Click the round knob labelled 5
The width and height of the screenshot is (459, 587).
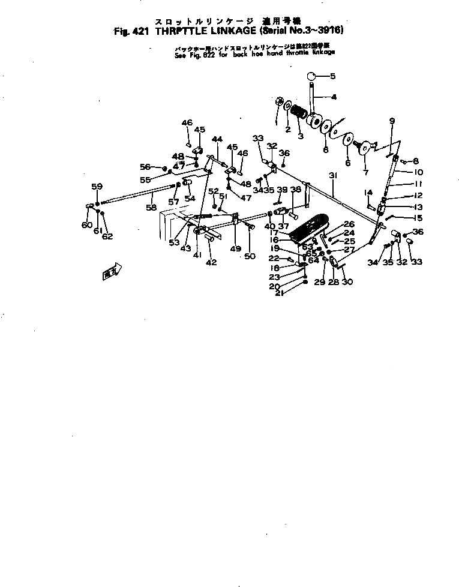coord(311,76)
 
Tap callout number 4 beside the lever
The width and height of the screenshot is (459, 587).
coord(334,97)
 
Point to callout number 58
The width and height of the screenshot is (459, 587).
coord(151,207)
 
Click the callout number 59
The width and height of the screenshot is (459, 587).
coord(97,186)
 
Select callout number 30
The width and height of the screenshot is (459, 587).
coord(347,281)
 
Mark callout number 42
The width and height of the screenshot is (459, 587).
coord(211,262)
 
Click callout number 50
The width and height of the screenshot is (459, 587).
coord(250,256)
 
